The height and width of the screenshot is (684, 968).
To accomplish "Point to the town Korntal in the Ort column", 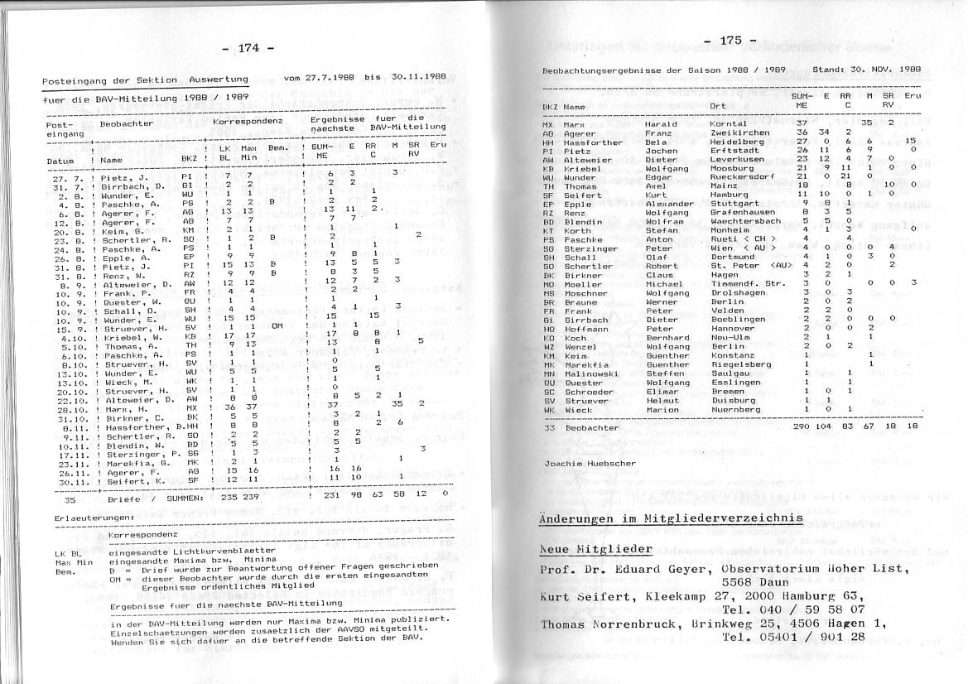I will [x=728, y=124].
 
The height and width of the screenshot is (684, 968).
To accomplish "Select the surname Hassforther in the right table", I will [x=593, y=142].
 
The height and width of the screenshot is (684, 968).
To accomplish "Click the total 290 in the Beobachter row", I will [x=800, y=426].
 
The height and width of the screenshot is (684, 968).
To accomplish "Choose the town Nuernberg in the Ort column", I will [x=734, y=410].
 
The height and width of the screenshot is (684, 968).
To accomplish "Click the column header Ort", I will [x=717, y=108].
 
